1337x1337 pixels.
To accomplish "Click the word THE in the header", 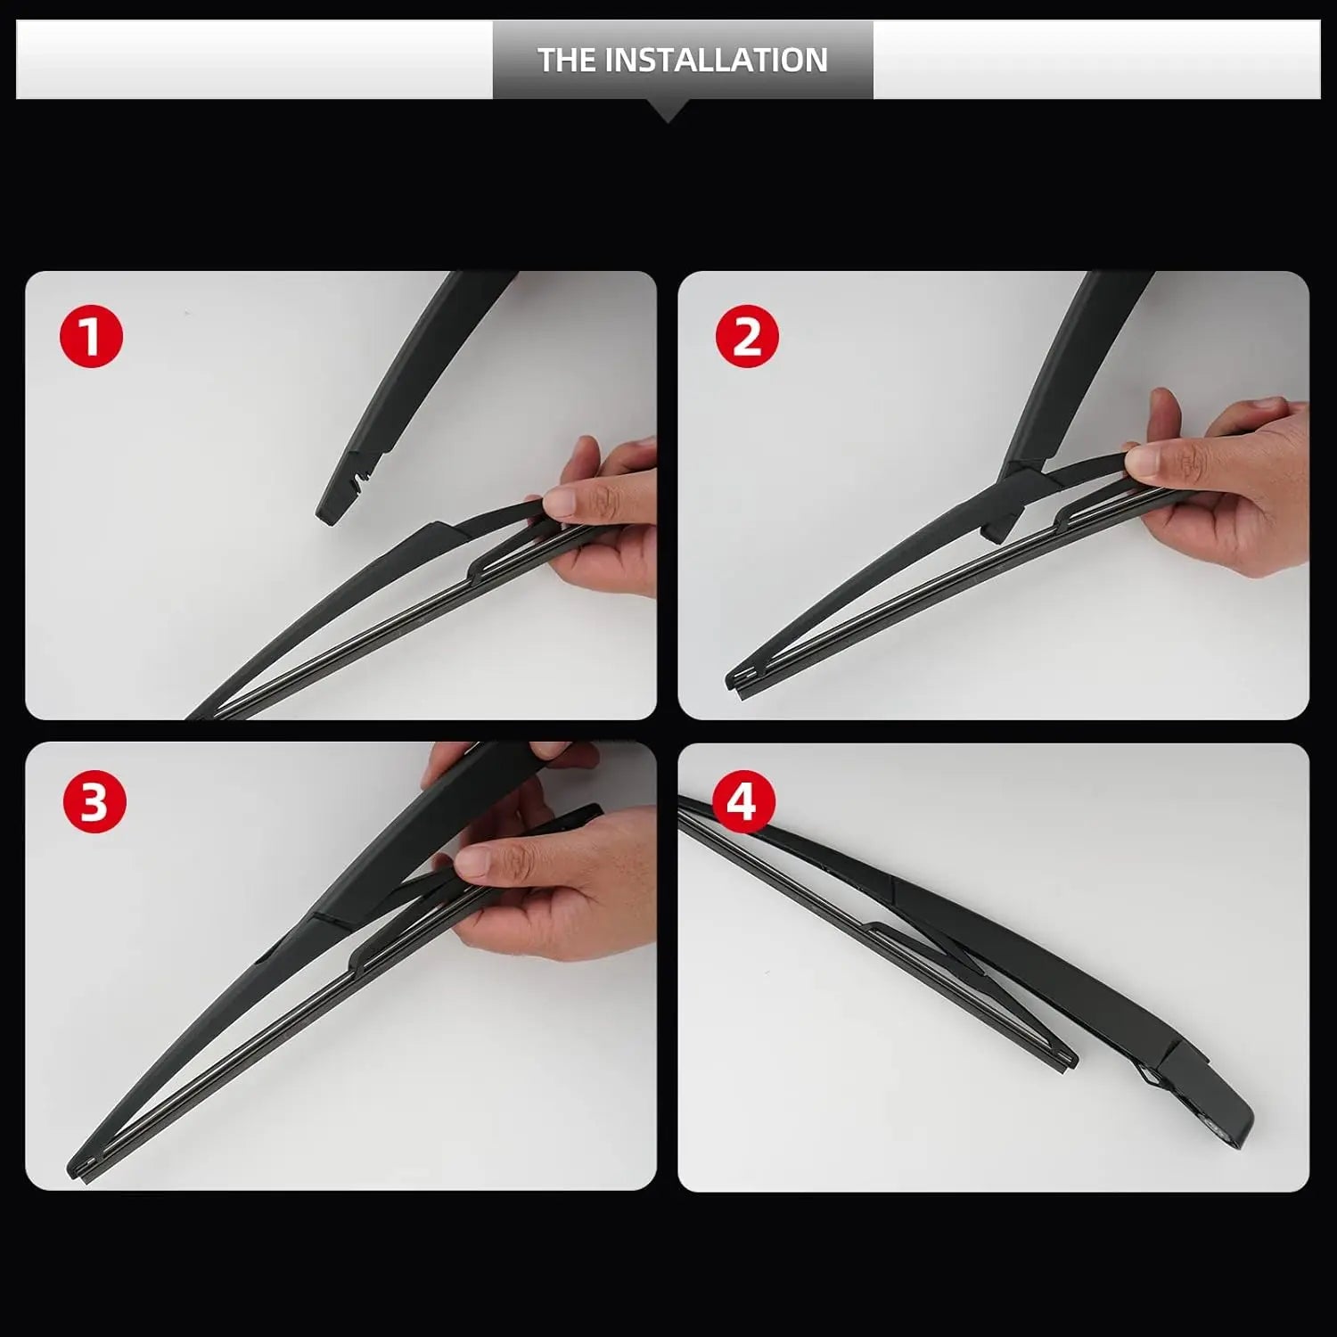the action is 567,60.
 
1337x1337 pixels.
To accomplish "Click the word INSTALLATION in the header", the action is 717,60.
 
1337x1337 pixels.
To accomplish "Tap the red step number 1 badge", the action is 91,336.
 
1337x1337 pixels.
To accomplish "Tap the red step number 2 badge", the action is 747,337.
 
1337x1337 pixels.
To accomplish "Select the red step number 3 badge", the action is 94,801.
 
